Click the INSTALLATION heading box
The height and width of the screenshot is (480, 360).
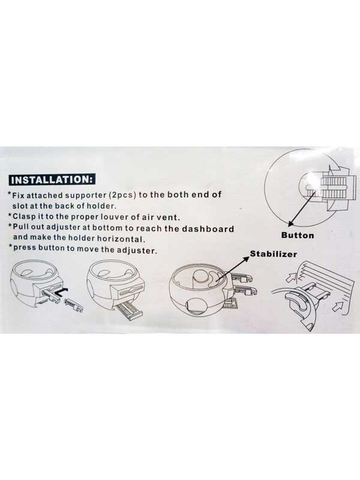pos(52,179)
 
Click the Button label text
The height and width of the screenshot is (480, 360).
pos(298,235)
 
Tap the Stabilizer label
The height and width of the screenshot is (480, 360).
pos(274,254)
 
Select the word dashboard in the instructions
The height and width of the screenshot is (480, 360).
pos(208,229)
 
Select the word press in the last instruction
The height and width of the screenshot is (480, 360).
pos(23,248)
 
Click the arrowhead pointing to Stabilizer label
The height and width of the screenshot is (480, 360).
pos(246,259)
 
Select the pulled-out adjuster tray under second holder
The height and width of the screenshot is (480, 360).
pos(130,311)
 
